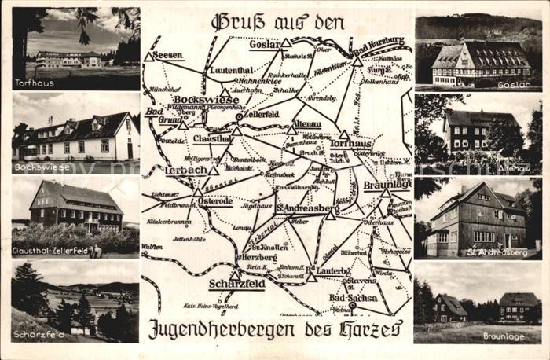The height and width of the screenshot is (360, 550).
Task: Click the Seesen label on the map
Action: coord(168,55)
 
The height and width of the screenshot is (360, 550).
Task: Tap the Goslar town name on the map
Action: coord(264,45)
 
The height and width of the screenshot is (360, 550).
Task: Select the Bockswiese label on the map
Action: coord(207,101)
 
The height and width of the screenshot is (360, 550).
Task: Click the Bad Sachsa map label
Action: coord(353,299)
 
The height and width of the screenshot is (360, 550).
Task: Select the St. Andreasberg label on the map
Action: coord(307,208)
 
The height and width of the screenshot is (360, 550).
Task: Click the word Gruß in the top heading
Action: coord(229,21)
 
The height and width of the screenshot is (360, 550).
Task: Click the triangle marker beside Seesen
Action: coord(148,57)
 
